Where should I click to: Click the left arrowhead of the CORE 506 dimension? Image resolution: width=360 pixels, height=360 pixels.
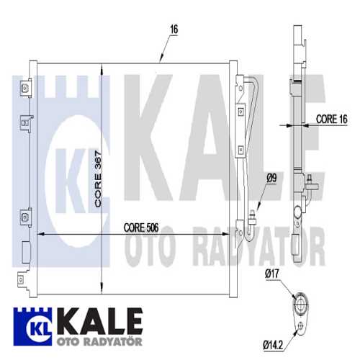click(40, 235)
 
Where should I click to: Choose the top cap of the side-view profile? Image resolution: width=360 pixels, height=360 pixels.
click(297, 32)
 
